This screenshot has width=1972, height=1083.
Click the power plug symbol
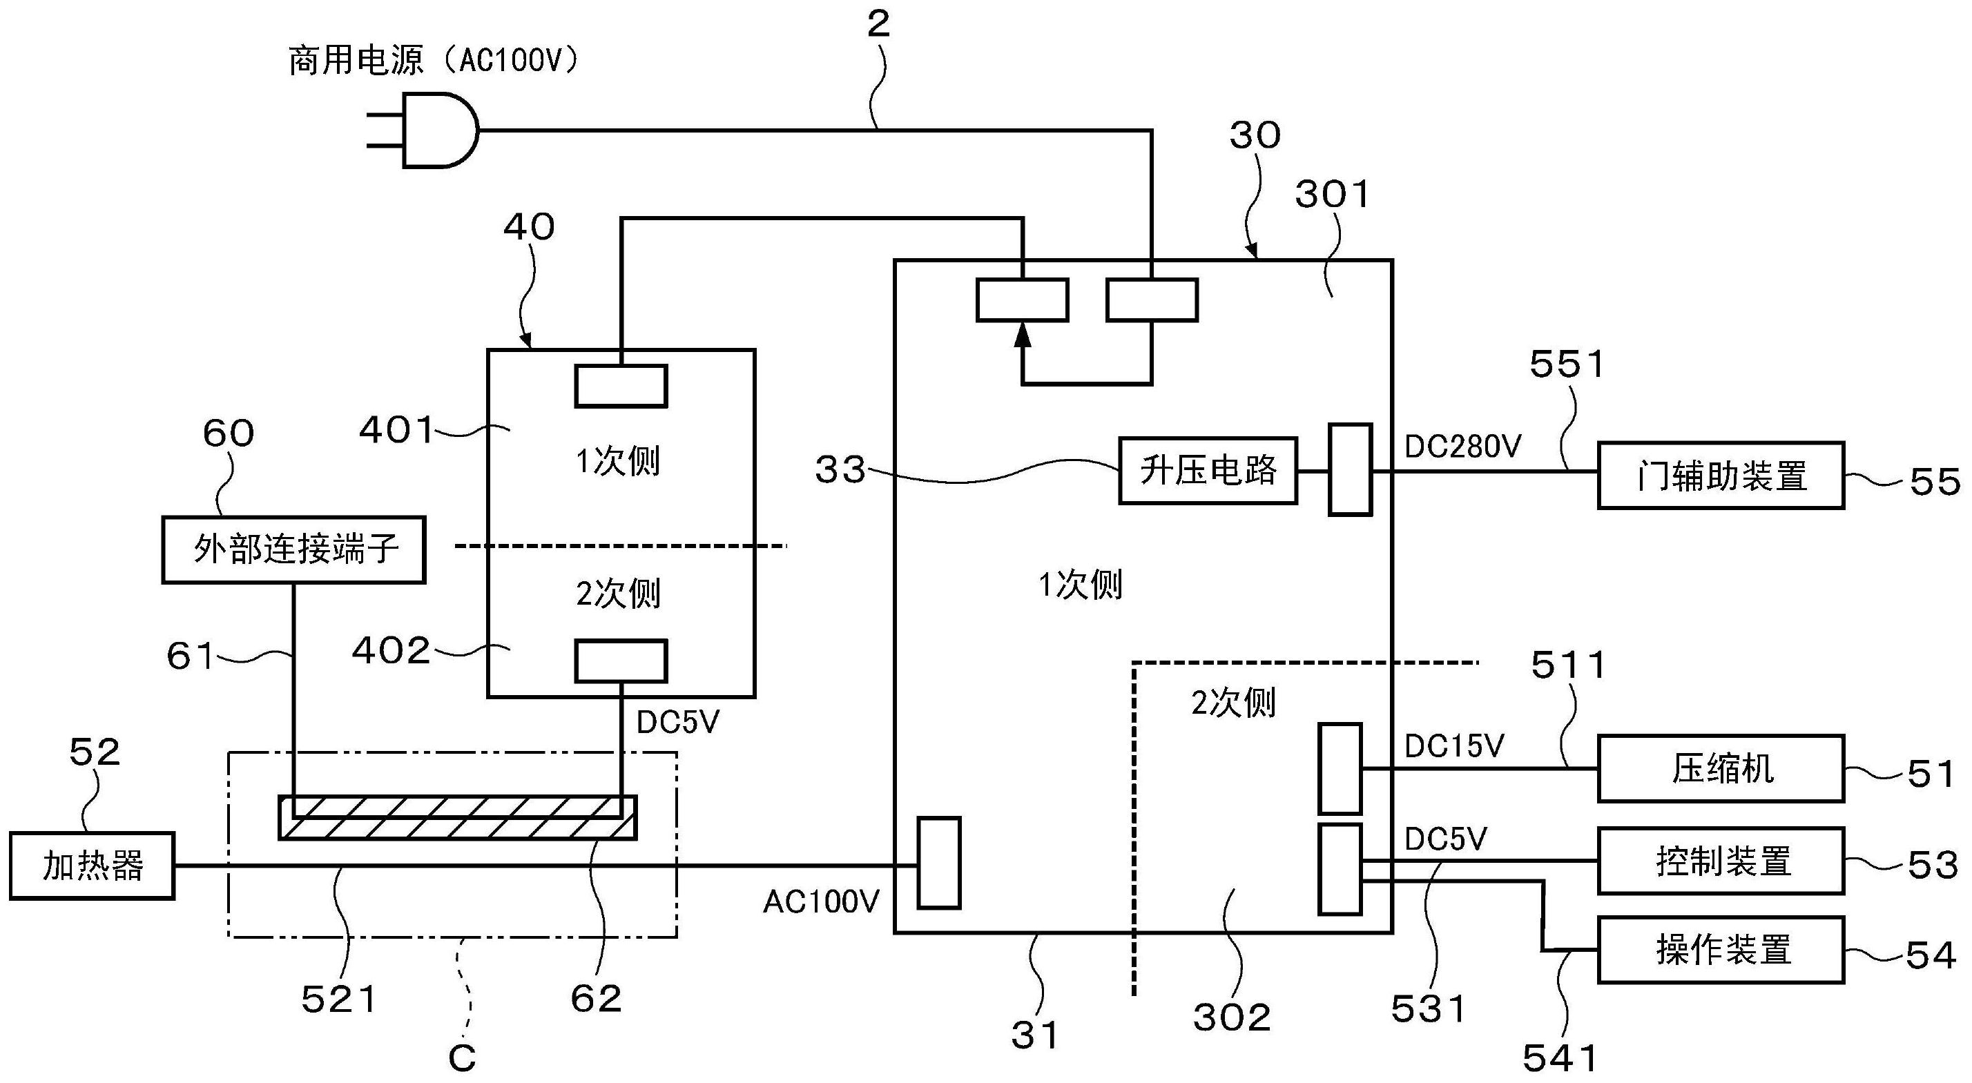(423, 130)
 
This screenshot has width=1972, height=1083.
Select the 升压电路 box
(1208, 471)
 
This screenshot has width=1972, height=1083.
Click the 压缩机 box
(1721, 768)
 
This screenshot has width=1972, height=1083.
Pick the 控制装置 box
(1721, 860)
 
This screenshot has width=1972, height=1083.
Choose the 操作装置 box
(1721, 950)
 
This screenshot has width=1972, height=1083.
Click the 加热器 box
(92, 866)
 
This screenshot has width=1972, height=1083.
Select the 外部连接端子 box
(294, 549)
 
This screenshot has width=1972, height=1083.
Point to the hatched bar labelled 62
(458, 818)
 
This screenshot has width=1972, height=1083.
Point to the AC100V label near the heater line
(822, 902)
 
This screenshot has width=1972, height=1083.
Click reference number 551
(1566, 365)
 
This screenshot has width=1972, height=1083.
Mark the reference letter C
(463, 1059)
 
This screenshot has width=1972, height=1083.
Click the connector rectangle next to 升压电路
(1350, 469)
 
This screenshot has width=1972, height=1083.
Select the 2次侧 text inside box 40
(618, 594)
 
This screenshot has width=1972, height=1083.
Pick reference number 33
(840, 470)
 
